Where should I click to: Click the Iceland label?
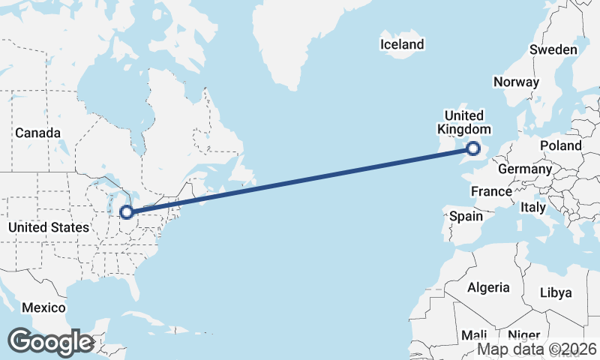pyautogui.click(x=402, y=45)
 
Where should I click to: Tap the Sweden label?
pyautogui.click(x=553, y=50)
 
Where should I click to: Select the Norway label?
pyautogui.click(x=517, y=82)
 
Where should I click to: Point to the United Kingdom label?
pyautogui.click(x=464, y=122)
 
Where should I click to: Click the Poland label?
pyautogui.click(x=560, y=145)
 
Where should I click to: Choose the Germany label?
pyautogui.click(x=524, y=169)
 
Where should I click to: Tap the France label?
pyautogui.click(x=491, y=192)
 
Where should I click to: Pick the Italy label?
pyautogui.click(x=533, y=206)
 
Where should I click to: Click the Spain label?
pyautogui.click(x=466, y=216)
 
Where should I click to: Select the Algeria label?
pyautogui.click(x=488, y=287)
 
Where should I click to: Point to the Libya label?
pyautogui.click(x=556, y=292)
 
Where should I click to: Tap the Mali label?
pyautogui.click(x=475, y=335)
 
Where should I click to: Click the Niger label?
pyautogui.click(x=523, y=335)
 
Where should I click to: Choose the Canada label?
pyautogui.click(x=37, y=133)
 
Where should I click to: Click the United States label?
pyautogui.click(x=48, y=226)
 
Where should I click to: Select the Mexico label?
pyautogui.click(x=43, y=307)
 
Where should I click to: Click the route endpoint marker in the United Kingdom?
pyautogui.click(x=473, y=148)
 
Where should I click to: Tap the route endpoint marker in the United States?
pyautogui.click(x=127, y=212)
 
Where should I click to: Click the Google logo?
pyautogui.click(x=50, y=342)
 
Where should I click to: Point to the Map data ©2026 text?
pyautogui.click(x=537, y=349)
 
